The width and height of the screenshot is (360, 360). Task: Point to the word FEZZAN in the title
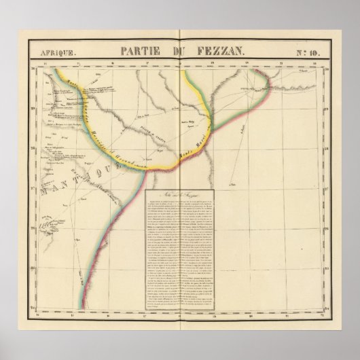pos(218,51)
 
